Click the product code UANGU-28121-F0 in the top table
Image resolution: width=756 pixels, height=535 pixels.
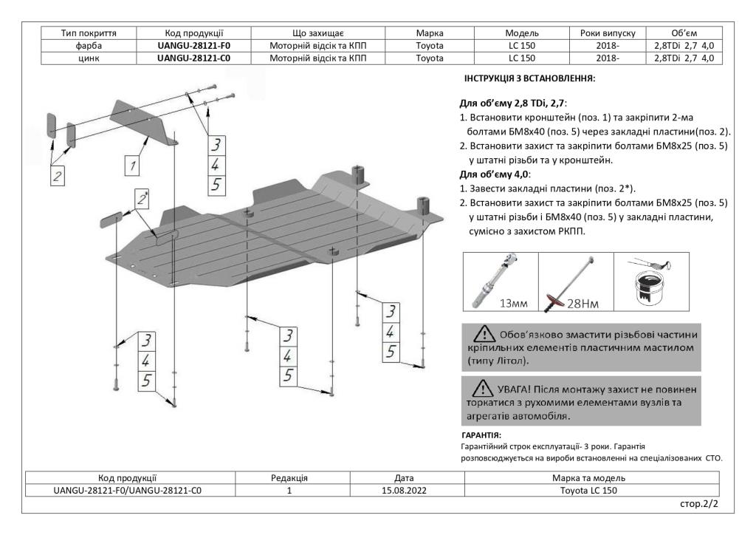[190, 45]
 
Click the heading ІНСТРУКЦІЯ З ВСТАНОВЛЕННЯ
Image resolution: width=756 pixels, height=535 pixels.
[529, 78]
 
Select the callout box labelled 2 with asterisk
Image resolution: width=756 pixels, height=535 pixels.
[142, 198]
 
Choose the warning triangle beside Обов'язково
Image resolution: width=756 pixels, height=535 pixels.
[486, 334]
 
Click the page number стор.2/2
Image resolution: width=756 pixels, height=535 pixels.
[700, 503]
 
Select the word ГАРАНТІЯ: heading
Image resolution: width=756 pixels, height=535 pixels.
[481, 436]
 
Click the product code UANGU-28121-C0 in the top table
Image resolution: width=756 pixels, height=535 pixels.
[190, 58]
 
